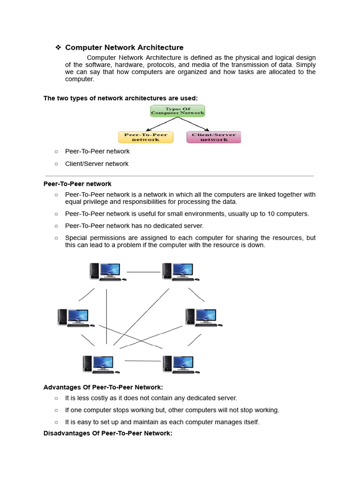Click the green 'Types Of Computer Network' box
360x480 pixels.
[x=178, y=111]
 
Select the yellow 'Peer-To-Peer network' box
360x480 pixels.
[x=145, y=137]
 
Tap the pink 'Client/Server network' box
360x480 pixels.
[x=214, y=137]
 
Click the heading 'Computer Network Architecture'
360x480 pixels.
[x=124, y=47]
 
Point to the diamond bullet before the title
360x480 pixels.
[x=58, y=47]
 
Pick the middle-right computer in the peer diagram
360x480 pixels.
[x=203, y=317]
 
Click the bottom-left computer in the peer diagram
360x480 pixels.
[x=100, y=364]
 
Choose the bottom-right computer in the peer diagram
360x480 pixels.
[x=180, y=364]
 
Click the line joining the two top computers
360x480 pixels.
[x=143, y=272]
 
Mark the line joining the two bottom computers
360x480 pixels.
[x=142, y=361]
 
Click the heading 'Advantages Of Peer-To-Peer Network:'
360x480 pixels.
[x=103, y=387]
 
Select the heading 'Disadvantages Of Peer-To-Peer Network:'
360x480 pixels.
[x=108, y=433]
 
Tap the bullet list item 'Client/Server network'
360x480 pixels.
[x=97, y=164]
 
